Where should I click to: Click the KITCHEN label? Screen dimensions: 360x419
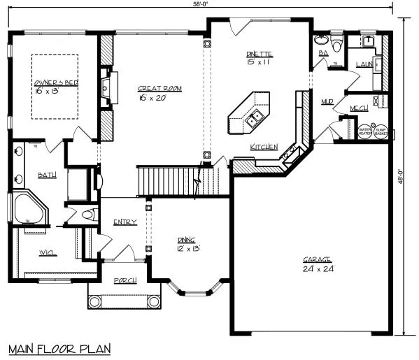[264, 147]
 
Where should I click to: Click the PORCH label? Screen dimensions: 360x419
[125, 280]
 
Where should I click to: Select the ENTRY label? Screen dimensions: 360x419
[125, 222]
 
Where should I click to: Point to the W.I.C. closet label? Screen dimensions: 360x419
[46, 252]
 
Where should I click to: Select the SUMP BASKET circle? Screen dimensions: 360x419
[381, 131]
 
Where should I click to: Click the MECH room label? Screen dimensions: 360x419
[359, 108]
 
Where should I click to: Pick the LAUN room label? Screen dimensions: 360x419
[362, 64]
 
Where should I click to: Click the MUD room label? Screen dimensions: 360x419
[327, 101]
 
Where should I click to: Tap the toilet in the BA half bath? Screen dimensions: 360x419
[337, 45]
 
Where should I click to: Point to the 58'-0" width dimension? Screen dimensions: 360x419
[201, 4]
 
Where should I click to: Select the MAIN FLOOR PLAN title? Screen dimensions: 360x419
[59, 348]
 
